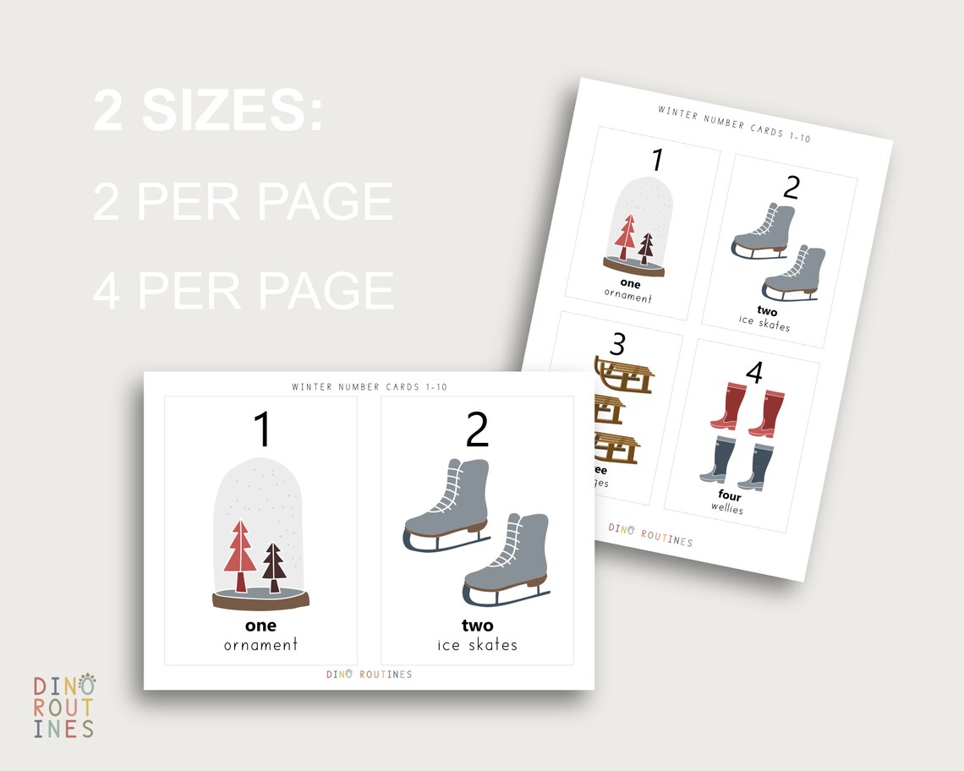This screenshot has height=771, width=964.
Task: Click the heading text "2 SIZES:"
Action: [208, 111]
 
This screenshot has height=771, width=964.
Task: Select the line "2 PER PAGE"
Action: [243, 202]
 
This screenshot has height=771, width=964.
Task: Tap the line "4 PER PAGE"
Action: [244, 290]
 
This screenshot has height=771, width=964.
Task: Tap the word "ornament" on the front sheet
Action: [260, 645]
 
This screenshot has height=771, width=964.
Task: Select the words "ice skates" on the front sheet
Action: [477, 645]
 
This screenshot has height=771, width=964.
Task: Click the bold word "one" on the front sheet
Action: [260, 626]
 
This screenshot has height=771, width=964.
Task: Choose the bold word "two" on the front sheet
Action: [477, 626]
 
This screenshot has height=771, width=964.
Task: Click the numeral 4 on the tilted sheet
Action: [754, 372]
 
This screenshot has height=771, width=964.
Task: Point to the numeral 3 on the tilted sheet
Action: [617, 344]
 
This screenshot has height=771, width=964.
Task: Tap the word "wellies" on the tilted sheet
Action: [726, 509]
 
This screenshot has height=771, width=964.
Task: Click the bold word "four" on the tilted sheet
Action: [729, 496]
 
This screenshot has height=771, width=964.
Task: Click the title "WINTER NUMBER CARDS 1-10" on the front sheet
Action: [370, 387]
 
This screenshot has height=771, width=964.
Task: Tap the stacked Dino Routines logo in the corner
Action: [64, 707]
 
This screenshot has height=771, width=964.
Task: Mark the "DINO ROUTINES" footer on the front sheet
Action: [370, 675]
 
